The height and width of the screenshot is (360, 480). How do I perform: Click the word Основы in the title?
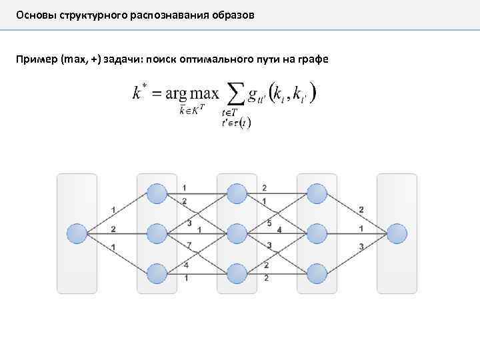coord(35,14)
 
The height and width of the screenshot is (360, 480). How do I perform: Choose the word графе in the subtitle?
coord(313,60)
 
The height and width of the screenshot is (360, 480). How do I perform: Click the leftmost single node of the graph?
coord(77,234)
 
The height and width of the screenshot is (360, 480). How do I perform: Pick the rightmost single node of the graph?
coord(397,234)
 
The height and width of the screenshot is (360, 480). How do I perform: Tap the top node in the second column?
coord(157,194)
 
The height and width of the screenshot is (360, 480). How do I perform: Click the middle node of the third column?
coord(237,234)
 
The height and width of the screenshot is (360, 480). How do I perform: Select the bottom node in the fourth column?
coord(317,273)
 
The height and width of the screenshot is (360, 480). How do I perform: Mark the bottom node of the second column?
coord(157,273)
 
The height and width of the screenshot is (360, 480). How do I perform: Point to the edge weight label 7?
coord(189,245)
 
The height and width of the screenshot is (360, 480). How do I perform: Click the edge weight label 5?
coord(269,223)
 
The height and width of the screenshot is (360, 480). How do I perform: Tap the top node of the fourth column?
coord(317,194)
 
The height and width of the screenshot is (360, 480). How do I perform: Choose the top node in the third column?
coord(237,194)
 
